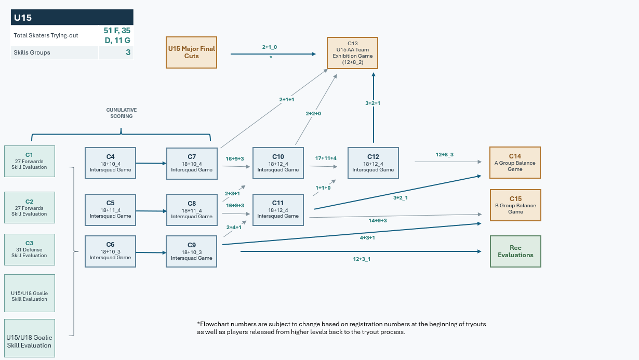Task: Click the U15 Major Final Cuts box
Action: tap(191, 52)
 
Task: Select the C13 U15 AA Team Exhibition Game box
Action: tap(352, 53)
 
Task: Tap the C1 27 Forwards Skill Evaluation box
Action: tap(30, 161)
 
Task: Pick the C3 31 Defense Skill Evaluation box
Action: tap(30, 249)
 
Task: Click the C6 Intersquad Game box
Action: tap(110, 251)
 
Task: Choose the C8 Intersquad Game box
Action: tap(192, 210)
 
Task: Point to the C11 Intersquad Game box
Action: tap(278, 210)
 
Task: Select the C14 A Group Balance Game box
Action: tap(515, 163)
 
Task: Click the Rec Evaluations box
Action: tap(515, 251)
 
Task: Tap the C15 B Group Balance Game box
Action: tap(515, 205)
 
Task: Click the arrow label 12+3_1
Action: tap(362, 259)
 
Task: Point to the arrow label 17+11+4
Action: tap(326, 158)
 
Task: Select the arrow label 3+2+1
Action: tap(372, 103)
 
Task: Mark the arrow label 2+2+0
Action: tap(313, 114)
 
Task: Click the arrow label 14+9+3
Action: tap(377, 220)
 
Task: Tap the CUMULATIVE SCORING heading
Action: tap(121, 113)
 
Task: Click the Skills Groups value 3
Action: tap(128, 52)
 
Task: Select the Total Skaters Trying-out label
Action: tap(46, 35)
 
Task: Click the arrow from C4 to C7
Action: tap(151, 163)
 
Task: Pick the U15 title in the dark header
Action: tap(22, 18)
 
